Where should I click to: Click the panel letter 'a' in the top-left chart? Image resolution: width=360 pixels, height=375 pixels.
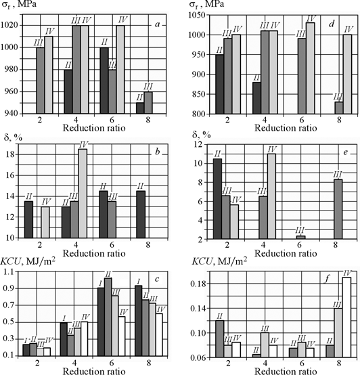tap(155, 25)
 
